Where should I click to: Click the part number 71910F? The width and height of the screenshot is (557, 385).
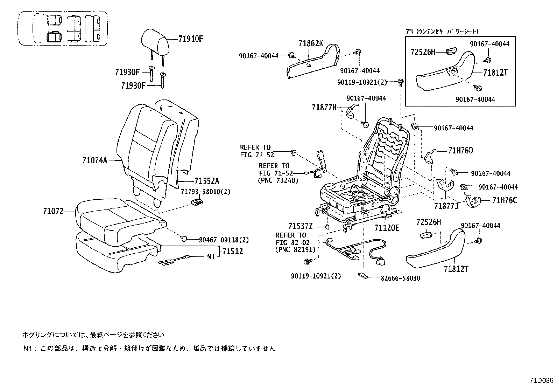(190, 39)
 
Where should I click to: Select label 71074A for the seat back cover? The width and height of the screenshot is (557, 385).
(94, 160)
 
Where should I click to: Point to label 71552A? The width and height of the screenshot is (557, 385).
(207, 181)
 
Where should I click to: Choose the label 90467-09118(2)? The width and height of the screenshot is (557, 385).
(224, 240)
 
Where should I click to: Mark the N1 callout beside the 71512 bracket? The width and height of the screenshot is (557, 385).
(210, 257)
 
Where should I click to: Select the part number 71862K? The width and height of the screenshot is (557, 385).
(311, 43)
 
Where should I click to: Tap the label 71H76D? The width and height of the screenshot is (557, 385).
(460, 151)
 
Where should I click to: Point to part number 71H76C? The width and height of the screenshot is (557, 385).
(505, 200)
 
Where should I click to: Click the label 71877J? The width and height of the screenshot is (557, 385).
(446, 206)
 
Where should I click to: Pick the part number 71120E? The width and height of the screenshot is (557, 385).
(387, 228)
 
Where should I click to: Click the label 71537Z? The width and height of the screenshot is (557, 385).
(301, 226)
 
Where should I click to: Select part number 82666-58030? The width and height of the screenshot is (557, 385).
(400, 278)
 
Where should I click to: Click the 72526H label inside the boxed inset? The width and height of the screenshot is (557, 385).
(423, 52)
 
